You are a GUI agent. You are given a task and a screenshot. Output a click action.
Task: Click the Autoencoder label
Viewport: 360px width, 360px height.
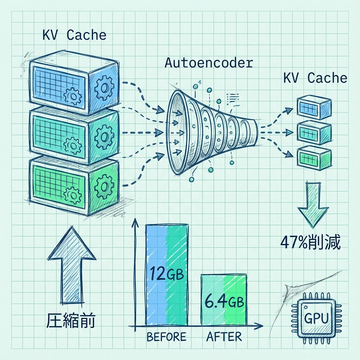click(x=208, y=63)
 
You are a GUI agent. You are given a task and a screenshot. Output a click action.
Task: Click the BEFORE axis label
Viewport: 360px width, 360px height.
click(x=166, y=337)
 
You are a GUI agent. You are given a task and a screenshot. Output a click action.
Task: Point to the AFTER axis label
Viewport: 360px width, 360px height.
click(x=224, y=337)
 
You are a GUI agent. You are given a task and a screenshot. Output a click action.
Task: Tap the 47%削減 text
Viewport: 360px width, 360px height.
click(x=310, y=243)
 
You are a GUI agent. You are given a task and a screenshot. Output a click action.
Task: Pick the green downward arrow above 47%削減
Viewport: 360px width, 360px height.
click(x=310, y=204)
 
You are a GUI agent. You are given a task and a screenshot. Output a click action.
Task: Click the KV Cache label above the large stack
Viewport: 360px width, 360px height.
click(x=74, y=36)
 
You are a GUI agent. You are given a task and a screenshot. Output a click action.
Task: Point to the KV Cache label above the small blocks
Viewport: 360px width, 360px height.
click(x=315, y=78)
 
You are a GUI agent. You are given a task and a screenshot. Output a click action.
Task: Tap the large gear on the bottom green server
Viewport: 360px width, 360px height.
click(x=104, y=185)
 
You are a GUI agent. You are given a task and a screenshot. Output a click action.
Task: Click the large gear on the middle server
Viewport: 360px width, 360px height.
click(x=104, y=136)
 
